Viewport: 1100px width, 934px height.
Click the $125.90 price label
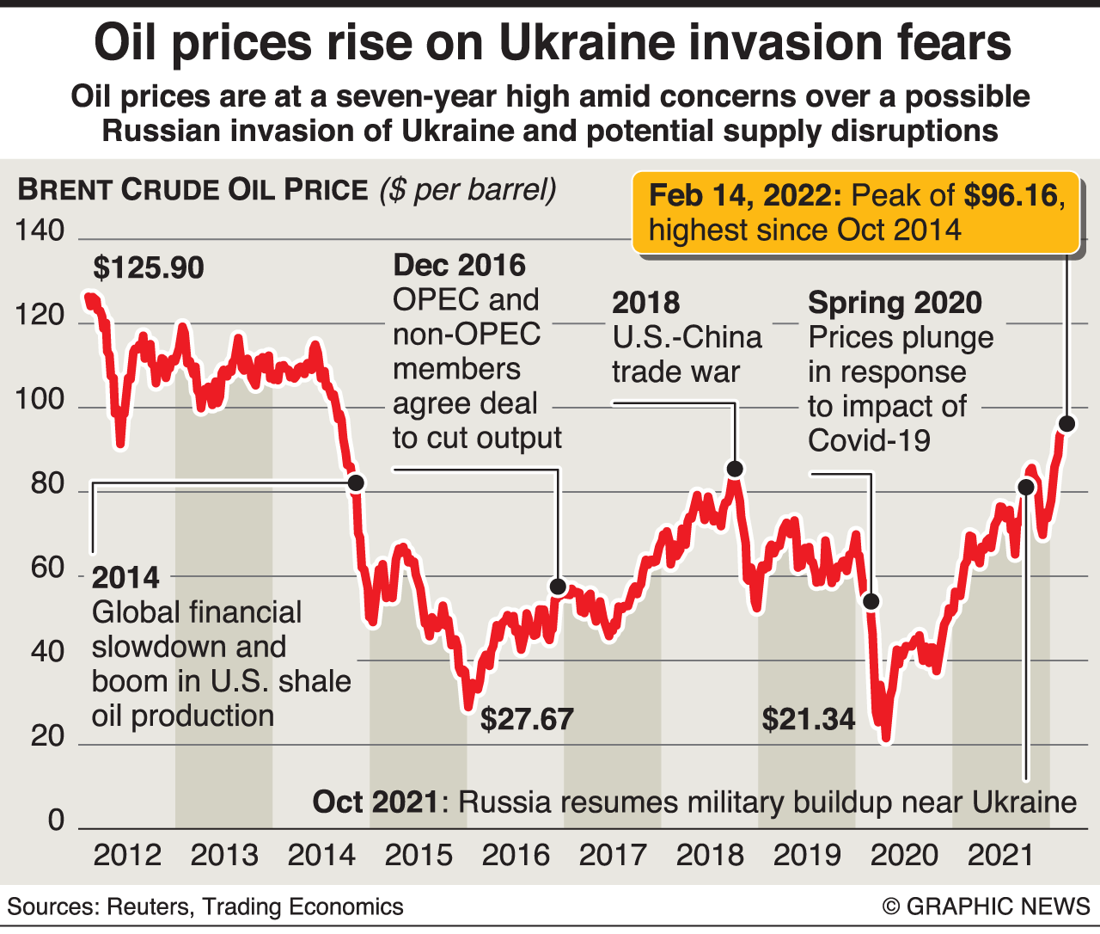(149, 268)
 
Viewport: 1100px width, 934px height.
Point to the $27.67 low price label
(527, 719)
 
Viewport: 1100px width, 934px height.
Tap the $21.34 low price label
(809, 719)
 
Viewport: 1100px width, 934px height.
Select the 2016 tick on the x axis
(516, 855)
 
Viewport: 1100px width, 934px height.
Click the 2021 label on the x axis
(1001, 855)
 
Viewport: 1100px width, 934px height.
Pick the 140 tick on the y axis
(40, 230)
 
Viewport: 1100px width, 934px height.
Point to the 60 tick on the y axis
(48, 568)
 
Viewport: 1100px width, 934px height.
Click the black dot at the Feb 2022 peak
(1066, 424)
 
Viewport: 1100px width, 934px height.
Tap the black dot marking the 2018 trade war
(735, 469)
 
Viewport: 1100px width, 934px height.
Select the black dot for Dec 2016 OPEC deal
(558, 587)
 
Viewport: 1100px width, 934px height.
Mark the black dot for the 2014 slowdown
(355, 483)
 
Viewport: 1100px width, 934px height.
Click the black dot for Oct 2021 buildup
(1025, 487)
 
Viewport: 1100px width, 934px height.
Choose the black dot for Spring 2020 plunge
(871, 601)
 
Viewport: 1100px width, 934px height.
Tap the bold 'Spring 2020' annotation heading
(895, 303)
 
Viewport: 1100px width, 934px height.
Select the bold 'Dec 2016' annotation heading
(459, 265)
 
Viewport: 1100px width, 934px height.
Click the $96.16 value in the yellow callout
(1011, 196)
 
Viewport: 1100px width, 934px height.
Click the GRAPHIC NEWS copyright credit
(986, 906)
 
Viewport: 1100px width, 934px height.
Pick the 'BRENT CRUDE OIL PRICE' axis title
(192, 190)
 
